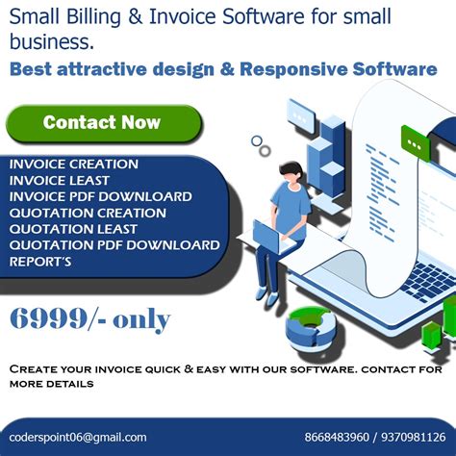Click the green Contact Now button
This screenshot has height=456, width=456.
click(102, 123)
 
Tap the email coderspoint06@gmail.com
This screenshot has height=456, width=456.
click(78, 437)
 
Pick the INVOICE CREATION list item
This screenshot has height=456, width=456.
click(74, 164)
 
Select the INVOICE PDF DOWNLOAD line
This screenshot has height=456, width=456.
click(101, 196)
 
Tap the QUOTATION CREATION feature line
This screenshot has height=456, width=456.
click(88, 213)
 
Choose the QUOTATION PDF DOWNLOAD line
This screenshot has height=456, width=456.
click(114, 244)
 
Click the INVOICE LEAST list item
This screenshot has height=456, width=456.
click(60, 180)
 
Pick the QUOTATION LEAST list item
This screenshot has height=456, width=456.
click(73, 229)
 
